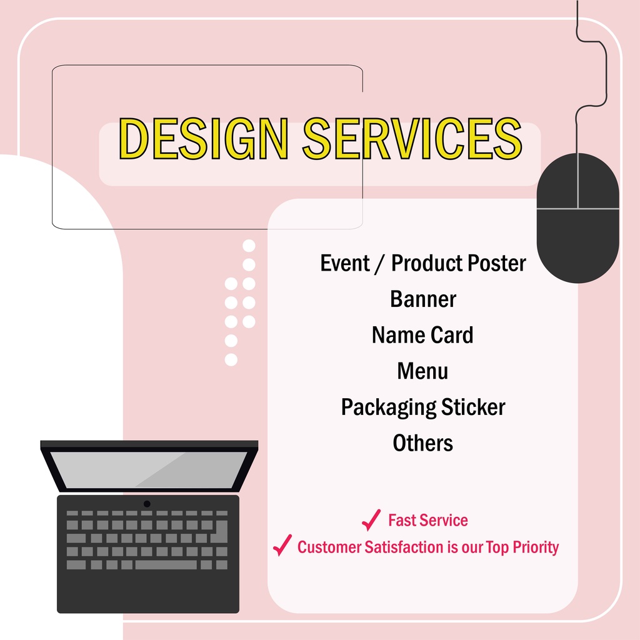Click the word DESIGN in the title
point(203,137)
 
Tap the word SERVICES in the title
point(412,137)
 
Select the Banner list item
point(423,299)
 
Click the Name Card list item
point(422,335)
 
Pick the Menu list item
point(422,371)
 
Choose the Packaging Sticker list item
point(422,407)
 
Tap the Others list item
point(422,443)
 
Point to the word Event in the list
point(345,263)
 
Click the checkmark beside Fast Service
point(371,520)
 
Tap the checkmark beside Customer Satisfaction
point(282,546)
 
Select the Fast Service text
point(427,520)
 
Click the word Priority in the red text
point(536,547)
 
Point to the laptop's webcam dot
point(147,504)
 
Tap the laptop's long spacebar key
point(166,565)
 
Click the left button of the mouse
point(557,182)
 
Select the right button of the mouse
point(599,182)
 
